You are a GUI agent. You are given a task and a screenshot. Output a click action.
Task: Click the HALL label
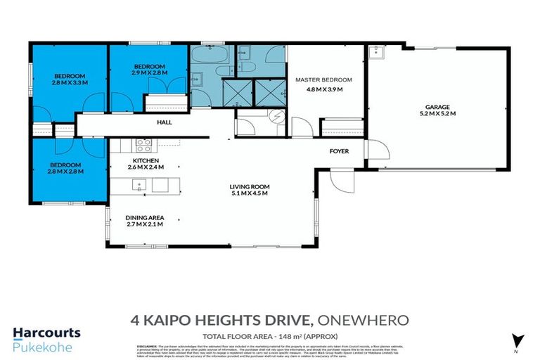pos(165,122)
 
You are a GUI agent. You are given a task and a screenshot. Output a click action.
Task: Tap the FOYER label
pos(340,151)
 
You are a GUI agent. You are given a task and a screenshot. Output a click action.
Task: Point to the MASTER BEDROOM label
pos(323,80)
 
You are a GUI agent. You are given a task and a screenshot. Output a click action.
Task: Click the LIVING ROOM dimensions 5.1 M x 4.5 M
pos(250,193)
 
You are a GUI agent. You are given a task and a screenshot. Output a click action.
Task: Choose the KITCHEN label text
pos(139,160)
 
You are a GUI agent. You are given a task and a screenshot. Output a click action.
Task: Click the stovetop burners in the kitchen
pos(143,145)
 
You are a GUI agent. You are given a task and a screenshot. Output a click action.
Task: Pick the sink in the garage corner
pos(378,53)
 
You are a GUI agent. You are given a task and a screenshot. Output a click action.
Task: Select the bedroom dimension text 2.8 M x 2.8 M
pos(66,171)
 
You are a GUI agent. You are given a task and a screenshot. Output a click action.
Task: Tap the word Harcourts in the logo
pos(46,333)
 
